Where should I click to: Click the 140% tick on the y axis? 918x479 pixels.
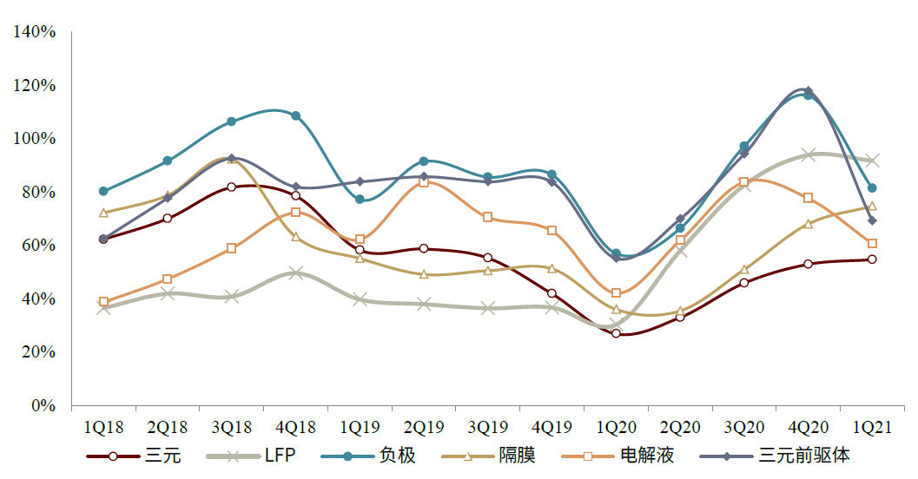click(x=35, y=32)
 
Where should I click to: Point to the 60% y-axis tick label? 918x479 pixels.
click(x=38, y=246)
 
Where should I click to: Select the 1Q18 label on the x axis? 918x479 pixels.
click(x=103, y=427)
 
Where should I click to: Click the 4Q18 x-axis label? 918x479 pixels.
click(x=295, y=427)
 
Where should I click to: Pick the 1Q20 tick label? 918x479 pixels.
click(x=616, y=427)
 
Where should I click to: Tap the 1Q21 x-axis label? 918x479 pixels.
click(x=871, y=427)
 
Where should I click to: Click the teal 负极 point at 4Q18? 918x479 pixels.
click(x=295, y=115)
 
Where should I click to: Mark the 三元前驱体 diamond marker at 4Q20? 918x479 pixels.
click(x=808, y=91)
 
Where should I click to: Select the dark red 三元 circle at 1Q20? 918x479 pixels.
click(x=616, y=333)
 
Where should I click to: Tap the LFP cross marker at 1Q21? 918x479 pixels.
click(x=872, y=161)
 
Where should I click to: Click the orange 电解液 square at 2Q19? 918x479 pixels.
click(x=424, y=182)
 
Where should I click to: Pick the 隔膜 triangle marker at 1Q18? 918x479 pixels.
click(x=103, y=213)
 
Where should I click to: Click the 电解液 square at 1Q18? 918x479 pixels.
click(x=103, y=302)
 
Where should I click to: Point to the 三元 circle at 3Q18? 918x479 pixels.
click(x=231, y=187)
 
